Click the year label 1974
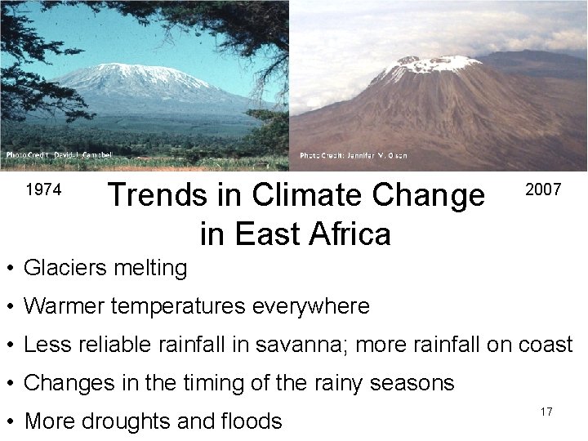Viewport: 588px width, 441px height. pos(43,190)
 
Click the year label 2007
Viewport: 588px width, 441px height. pos(543,190)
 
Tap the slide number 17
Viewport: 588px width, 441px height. pos(546,412)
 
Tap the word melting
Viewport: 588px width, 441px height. pos(153,267)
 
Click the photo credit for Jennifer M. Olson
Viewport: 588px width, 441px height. pos(353,155)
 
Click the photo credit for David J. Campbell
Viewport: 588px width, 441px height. pos(59,154)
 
